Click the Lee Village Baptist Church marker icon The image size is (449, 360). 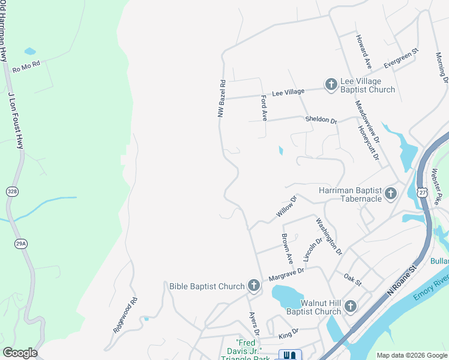[331, 85]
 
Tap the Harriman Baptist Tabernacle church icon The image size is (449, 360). [391, 193]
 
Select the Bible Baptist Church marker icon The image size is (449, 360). [254, 286]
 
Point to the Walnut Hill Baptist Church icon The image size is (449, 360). [351, 307]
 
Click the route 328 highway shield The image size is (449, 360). [13, 191]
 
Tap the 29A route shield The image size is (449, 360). [21, 244]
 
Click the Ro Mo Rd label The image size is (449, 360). [26, 67]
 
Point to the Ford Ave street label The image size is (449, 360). [264, 107]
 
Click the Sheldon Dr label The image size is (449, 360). [321, 120]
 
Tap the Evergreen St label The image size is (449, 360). [401, 58]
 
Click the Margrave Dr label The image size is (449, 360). [286, 273]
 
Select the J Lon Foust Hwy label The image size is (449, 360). [16, 120]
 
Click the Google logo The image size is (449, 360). [20, 353]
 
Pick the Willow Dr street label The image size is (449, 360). [286, 206]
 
